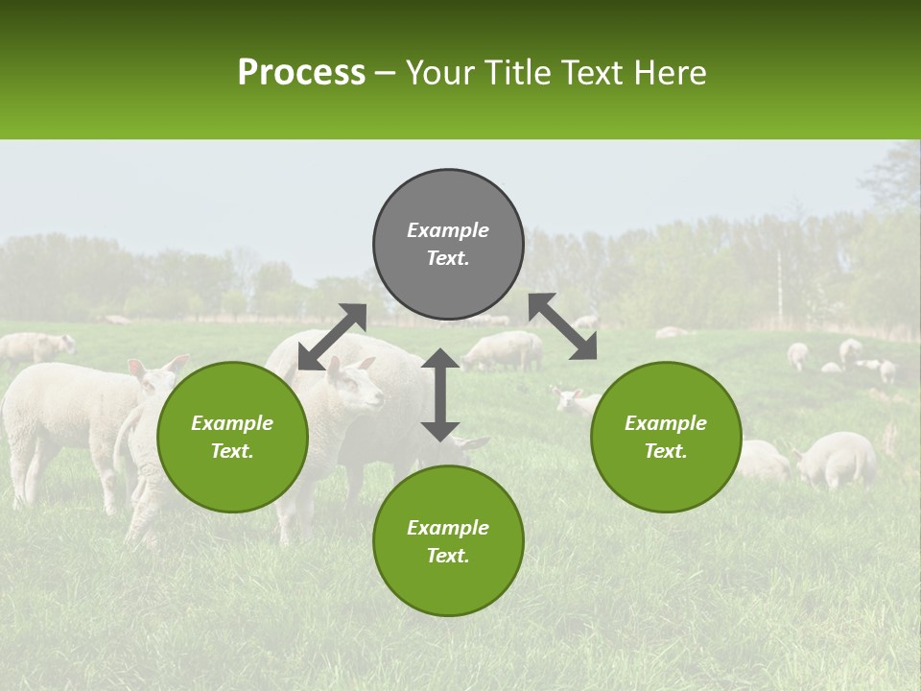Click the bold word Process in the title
301,73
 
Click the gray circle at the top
448,244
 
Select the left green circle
232,437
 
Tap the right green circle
666,437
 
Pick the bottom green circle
448,541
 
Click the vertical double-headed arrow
440,394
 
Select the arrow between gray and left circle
332,337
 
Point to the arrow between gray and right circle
563,326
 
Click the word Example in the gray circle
448,230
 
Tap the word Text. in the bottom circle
448,556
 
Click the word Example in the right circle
666,423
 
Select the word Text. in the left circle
232,451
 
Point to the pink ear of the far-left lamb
137,369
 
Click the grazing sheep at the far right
837,459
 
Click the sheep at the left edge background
34,347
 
